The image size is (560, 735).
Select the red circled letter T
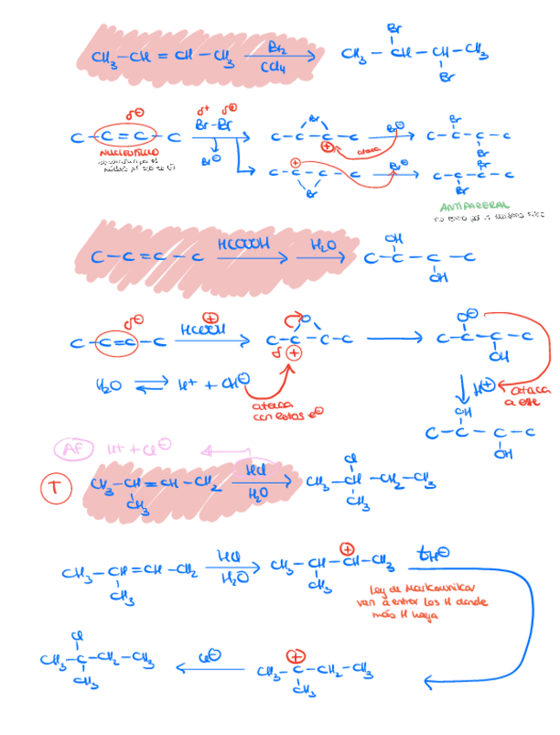(x=54, y=488)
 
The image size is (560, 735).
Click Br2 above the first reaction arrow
(x=279, y=47)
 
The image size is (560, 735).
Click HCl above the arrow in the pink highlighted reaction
(x=257, y=470)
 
